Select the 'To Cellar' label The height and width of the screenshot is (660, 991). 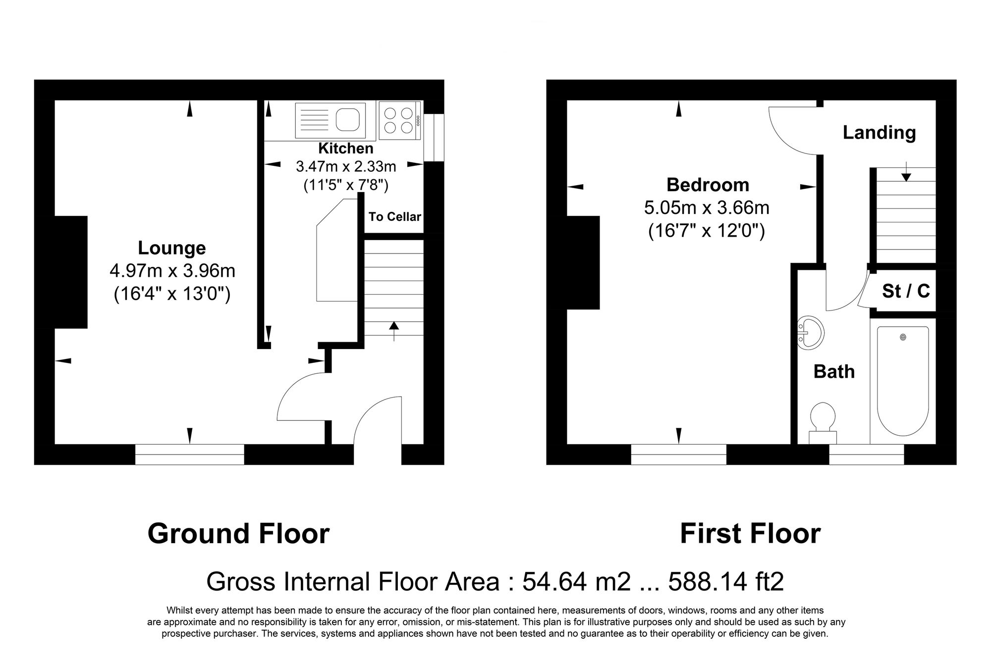point(394,217)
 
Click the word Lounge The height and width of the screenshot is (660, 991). point(171,248)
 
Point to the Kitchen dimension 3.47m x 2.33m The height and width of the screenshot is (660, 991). point(346,166)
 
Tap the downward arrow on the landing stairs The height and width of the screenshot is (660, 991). point(906,171)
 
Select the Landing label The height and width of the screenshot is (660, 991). point(879,133)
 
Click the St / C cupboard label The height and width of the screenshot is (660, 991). point(906,291)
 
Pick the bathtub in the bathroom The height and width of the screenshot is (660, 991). point(903,380)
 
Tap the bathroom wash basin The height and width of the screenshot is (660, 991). point(811,331)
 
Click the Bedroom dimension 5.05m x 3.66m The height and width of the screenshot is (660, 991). point(707,207)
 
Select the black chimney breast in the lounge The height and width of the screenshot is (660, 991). point(71,272)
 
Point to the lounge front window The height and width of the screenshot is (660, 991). point(189,454)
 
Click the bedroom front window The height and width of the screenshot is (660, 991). point(678,454)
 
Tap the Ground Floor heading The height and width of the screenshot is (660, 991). point(238,534)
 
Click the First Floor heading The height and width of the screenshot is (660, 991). point(750,534)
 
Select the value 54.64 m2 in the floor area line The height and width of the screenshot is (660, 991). point(576,582)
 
